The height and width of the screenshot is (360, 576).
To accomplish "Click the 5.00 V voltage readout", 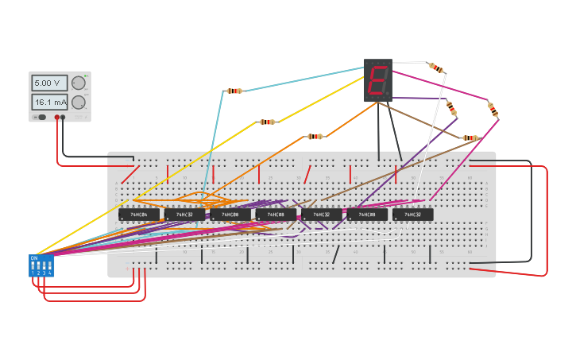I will (50, 83).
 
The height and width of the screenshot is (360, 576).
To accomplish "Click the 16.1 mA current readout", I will (50, 102).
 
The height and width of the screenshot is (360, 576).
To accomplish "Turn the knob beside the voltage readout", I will (78, 83).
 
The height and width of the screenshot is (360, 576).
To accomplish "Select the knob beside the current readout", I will (78, 102).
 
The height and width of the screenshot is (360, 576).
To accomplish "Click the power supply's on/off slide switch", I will (40, 117).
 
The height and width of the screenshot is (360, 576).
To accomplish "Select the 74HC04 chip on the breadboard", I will (139, 215).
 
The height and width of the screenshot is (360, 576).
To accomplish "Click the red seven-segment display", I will (378, 79).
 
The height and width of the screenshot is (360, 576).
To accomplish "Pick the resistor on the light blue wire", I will (234, 91).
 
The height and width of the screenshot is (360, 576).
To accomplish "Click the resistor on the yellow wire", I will (267, 122).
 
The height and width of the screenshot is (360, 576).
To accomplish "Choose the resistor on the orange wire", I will (315, 137).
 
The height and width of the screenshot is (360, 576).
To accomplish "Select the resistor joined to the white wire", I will (436, 68).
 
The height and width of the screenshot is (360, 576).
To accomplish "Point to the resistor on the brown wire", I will (470, 137).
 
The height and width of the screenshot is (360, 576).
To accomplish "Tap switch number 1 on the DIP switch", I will (33, 265).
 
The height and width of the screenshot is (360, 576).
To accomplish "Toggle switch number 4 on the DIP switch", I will (49, 265).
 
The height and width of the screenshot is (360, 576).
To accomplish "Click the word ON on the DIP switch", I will (33, 257).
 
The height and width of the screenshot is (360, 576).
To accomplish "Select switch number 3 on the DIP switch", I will (44, 265).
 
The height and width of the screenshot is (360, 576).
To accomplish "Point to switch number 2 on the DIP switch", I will (38, 265).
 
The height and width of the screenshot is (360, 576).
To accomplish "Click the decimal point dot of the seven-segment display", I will (389, 95).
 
